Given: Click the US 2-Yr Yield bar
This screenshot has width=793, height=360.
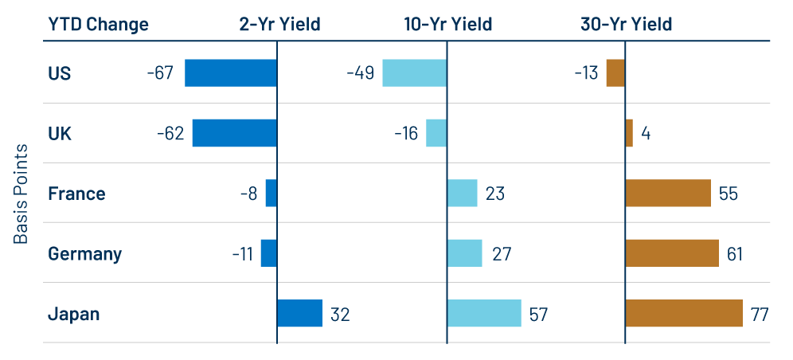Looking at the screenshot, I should pyautogui.click(x=231, y=72).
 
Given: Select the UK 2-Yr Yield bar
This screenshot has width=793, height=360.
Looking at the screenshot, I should pyautogui.click(x=235, y=133).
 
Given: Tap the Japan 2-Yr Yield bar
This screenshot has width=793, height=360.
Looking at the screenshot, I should pyautogui.click(x=299, y=313).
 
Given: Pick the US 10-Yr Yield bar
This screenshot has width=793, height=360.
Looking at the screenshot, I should pyautogui.click(x=414, y=72).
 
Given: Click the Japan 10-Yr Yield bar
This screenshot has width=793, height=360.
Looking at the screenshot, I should pyautogui.click(x=484, y=313).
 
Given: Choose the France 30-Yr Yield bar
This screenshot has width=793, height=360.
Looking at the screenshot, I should pyautogui.click(x=668, y=193).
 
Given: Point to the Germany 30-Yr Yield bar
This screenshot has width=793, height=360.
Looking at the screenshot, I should pyautogui.click(x=672, y=253).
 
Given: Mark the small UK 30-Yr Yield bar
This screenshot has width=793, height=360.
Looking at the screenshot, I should pyautogui.click(x=629, y=133).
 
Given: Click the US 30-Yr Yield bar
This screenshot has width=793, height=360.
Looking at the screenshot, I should pyautogui.click(x=615, y=72).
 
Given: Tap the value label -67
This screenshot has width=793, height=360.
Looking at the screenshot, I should pyautogui.click(x=161, y=73).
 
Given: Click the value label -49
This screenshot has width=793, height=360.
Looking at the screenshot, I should pyautogui.click(x=360, y=73).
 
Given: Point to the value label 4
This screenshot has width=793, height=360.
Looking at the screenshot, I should pyautogui.click(x=646, y=134).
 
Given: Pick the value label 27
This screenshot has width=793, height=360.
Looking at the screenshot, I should pyautogui.click(x=502, y=254).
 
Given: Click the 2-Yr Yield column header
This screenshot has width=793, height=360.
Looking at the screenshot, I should pyautogui.click(x=279, y=24).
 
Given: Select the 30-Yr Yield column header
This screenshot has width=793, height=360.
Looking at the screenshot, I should pyautogui.click(x=626, y=24).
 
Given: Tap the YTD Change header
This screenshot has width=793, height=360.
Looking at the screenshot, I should pyautogui.click(x=96, y=24).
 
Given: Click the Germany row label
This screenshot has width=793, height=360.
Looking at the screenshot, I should pyautogui.click(x=85, y=254).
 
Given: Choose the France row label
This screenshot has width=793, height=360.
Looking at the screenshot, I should pyautogui.click(x=76, y=194).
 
